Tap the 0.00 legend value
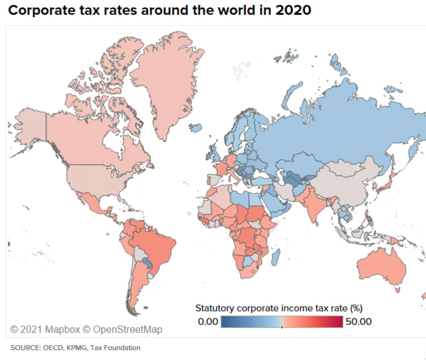208,321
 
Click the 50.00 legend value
359,321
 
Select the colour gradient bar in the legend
282,321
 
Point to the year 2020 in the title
294,10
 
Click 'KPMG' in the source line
76,348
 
